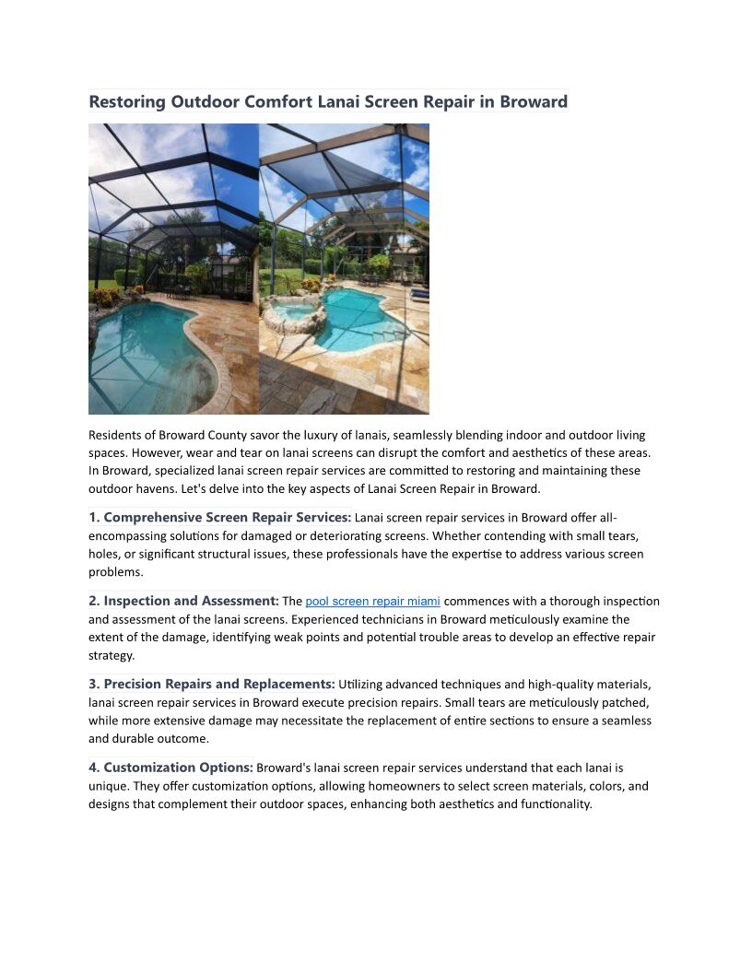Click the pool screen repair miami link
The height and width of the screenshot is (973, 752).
(x=372, y=602)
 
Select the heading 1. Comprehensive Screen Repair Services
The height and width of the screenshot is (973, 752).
(x=219, y=518)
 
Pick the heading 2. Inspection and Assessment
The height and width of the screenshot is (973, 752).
(x=183, y=601)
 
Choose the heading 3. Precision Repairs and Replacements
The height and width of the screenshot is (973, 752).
(x=211, y=684)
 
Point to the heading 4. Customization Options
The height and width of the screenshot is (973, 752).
(x=170, y=767)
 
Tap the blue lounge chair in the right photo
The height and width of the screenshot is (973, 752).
(x=419, y=294)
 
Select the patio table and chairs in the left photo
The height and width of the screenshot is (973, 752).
(x=182, y=291)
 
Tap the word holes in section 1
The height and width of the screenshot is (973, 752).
(x=104, y=554)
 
